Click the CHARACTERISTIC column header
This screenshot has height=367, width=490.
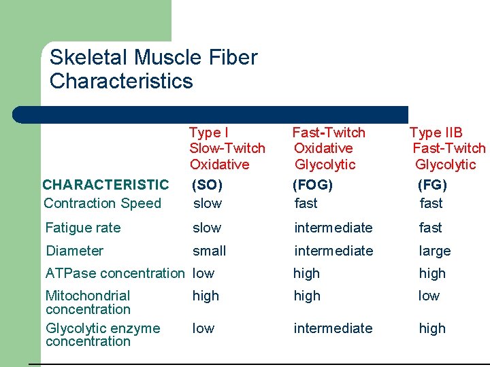(x=105, y=184)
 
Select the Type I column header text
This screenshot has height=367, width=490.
(x=208, y=133)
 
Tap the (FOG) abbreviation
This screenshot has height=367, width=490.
(x=312, y=184)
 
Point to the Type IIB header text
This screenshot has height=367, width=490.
(x=436, y=133)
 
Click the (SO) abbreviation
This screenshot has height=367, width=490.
(x=208, y=184)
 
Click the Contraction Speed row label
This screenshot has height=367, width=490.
(x=102, y=203)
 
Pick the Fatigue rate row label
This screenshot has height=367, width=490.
(x=82, y=228)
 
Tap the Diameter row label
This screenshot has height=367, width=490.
(x=74, y=251)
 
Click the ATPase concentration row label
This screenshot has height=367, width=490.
(x=114, y=273)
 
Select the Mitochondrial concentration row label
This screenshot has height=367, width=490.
(x=88, y=302)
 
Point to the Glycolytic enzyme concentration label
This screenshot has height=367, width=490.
(x=102, y=334)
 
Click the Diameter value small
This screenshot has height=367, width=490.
(x=209, y=251)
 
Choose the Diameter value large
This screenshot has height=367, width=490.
(x=435, y=251)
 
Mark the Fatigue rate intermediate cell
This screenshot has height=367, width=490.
(x=333, y=228)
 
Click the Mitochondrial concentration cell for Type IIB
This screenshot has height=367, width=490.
(x=429, y=296)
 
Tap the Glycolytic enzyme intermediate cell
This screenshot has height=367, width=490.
(x=333, y=328)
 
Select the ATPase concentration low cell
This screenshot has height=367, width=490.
(x=203, y=273)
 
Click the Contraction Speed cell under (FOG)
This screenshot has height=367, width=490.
(x=306, y=203)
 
